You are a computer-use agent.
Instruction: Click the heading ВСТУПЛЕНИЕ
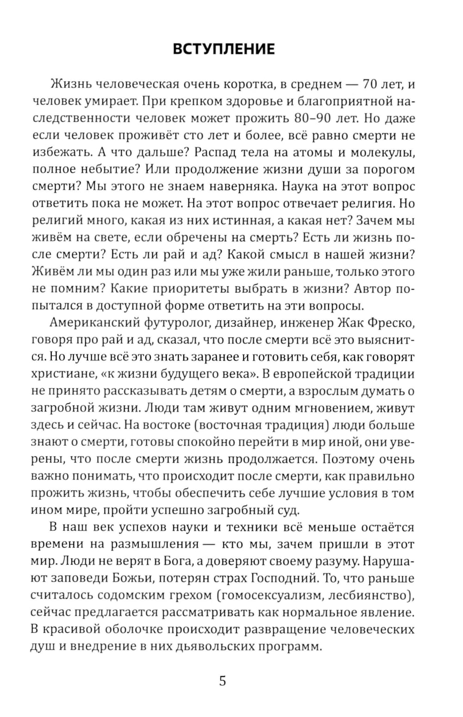click(x=223, y=49)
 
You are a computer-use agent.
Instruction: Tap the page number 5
click(x=223, y=681)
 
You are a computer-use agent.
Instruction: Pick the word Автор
click(x=373, y=288)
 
